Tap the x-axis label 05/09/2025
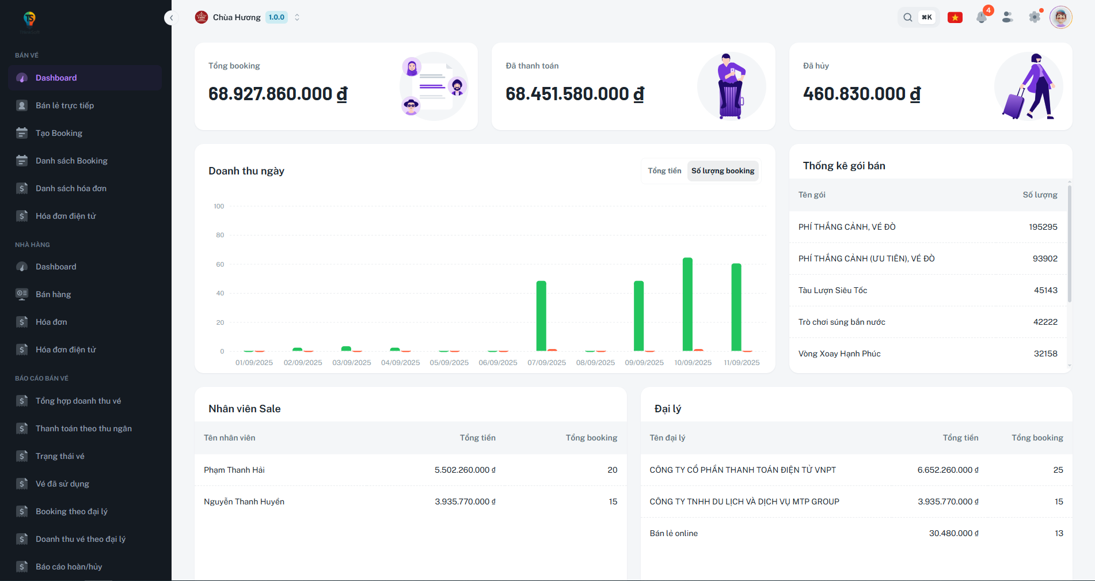(x=449, y=363)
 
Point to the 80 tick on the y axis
(x=220, y=235)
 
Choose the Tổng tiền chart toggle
(x=664, y=171)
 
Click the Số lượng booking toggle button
(x=723, y=171)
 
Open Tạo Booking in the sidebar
(x=59, y=133)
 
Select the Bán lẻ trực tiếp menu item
(x=64, y=105)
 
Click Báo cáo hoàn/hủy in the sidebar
(x=69, y=567)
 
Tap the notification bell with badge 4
(x=982, y=17)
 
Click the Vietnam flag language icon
(x=955, y=17)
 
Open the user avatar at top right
(x=1060, y=17)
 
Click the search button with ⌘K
(x=918, y=17)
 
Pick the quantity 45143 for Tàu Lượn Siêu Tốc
(x=1045, y=290)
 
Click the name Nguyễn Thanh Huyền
(x=244, y=502)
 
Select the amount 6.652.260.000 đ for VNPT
(x=948, y=470)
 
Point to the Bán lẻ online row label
(x=674, y=533)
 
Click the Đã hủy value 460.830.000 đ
(x=861, y=94)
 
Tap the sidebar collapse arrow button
(x=171, y=18)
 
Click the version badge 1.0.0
(x=276, y=17)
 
